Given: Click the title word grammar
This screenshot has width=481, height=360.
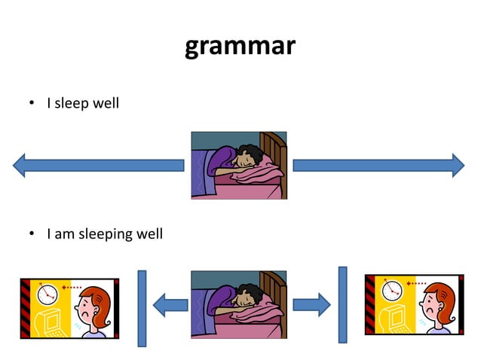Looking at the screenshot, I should pyautogui.click(x=240, y=47).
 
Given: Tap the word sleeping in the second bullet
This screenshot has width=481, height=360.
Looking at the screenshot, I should pyautogui.click(x=101, y=234).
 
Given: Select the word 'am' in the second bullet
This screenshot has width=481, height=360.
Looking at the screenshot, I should pyautogui.click(x=63, y=234).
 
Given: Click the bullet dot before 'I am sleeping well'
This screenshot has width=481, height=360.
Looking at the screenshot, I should pyautogui.click(x=32, y=235).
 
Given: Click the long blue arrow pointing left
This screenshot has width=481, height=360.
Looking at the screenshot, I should pyautogui.click(x=98, y=164).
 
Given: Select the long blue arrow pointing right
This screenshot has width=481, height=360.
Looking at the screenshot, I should pyautogui.click(x=378, y=164).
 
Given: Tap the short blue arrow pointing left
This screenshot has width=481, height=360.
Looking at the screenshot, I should pyautogui.click(x=170, y=305).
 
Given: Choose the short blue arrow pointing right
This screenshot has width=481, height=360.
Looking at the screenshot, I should pyautogui.click(x=311, y=305).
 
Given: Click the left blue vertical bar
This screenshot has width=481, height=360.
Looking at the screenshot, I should pyautogui.click(x=142, y=309).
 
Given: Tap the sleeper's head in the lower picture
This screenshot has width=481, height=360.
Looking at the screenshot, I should pyautogui.click(x=247, y=297).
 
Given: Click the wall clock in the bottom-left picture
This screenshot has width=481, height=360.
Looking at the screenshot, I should pyautogui.click(x=47, y=291).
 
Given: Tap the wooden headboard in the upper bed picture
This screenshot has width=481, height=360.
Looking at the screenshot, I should pyautogui.click(x=273, y=151).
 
